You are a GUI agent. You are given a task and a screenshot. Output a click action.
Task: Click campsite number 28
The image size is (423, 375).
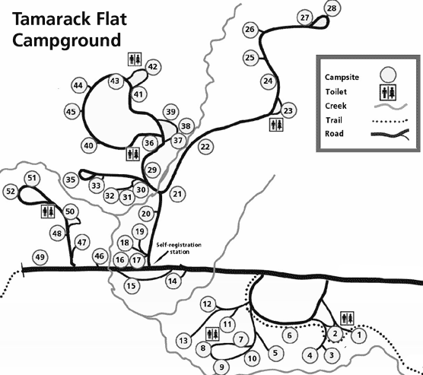click(332, 8)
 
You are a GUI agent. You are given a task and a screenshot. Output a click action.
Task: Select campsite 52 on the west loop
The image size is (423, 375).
click(11, 191)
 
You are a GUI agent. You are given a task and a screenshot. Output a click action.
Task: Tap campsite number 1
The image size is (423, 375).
click(359, 335)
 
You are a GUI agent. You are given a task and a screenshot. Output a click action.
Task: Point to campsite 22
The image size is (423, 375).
click(205, 147)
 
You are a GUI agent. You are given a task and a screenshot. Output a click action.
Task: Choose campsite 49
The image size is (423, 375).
click(40, 257)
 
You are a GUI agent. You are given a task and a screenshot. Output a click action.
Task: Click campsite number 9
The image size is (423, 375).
click(221, 367)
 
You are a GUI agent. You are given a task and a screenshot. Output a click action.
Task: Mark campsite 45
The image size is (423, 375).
click(72, 112)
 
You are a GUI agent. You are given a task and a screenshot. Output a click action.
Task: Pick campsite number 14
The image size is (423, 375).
click(173, 281)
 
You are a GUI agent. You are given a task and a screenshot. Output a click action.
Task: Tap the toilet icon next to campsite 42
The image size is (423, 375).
click(135, 59)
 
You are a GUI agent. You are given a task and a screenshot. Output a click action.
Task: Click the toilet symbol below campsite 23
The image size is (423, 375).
click(276, 125)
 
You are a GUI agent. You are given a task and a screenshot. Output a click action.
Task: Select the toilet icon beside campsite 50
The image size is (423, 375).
click(48, 211)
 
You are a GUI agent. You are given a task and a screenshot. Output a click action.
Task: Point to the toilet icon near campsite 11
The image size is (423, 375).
click(212, 334)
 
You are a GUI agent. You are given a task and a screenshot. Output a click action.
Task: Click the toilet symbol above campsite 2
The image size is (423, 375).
click(347, 319)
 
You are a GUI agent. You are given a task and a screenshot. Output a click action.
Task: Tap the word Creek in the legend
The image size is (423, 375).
click(336, 106)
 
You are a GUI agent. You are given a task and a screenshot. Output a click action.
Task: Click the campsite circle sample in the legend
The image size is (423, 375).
click(388, 75)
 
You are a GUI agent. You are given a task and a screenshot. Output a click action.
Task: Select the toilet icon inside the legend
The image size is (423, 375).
click(388, 93)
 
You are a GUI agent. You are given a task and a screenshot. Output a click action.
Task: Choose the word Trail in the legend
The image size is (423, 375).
click(334, 119)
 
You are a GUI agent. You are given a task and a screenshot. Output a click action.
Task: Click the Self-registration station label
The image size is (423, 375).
click(179, 248)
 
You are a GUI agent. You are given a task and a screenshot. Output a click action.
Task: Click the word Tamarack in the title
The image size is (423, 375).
click(51, 19)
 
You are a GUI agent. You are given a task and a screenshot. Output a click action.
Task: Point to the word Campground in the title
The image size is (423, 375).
click(66, 40)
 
